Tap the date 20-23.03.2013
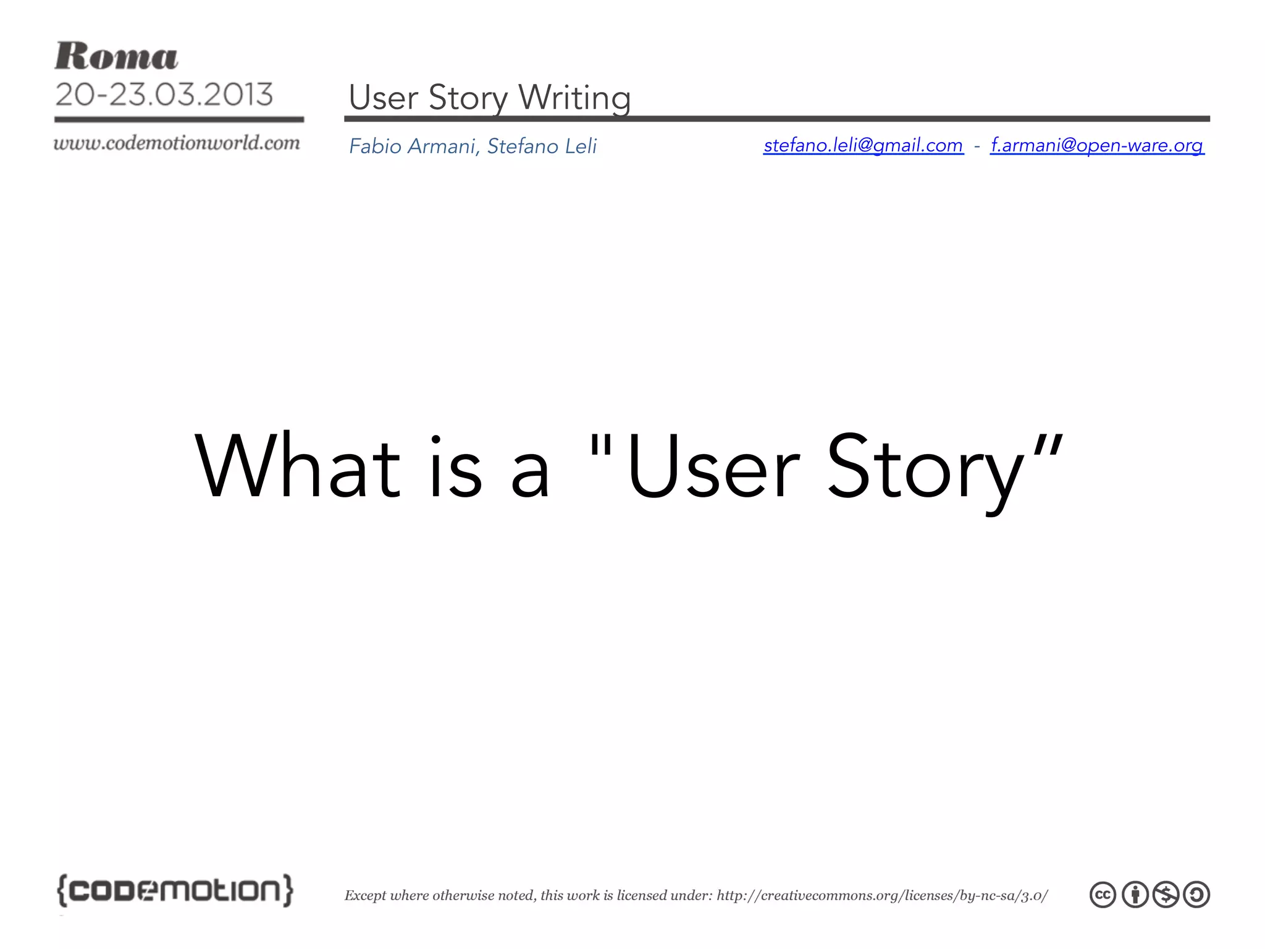tap(164, 95)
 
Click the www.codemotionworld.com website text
tap(177, 143)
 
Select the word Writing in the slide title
tap(574, 98)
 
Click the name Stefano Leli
tap(542, 146)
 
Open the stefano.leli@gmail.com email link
tap(863, 145)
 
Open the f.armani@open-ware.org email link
tap(1097, 145)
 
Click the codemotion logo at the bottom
tap(175, 890)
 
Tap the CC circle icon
tap(1103, 895)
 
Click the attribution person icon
tap(1134, 895)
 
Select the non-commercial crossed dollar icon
tap(1166, 895)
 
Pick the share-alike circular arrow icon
tap(1196, 895)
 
